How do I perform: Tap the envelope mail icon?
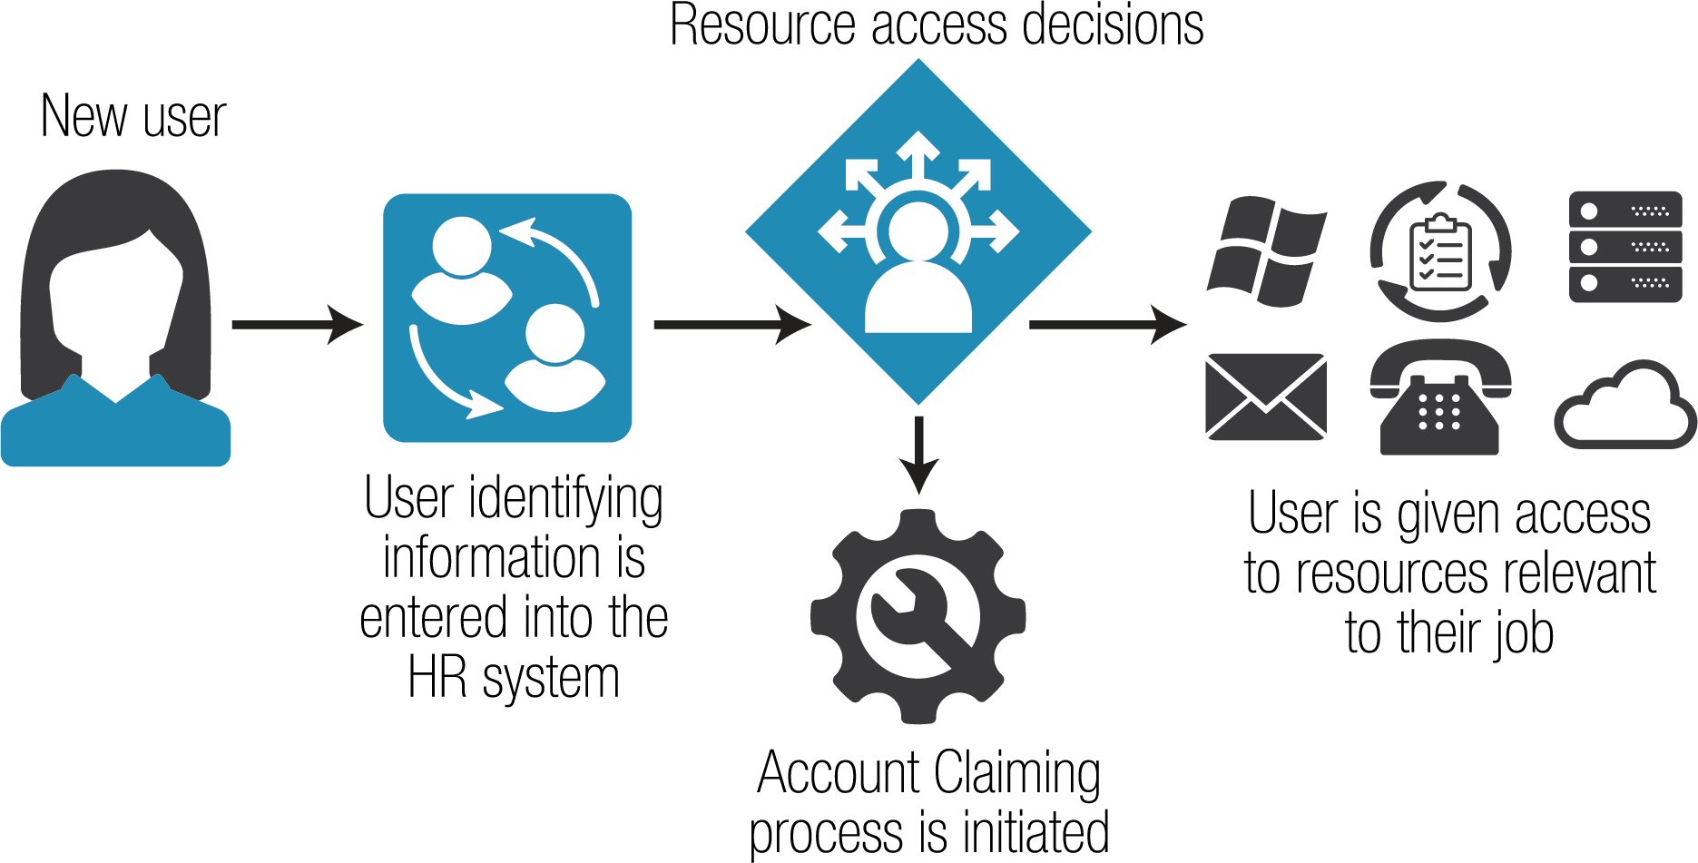point(1265,397)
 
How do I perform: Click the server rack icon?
point(1624,246)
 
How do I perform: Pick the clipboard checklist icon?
point(1440,251)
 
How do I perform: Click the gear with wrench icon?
point(918,617)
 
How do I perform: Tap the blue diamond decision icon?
point(918,231)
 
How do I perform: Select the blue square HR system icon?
point(507,318)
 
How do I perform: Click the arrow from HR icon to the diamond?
point(731,324)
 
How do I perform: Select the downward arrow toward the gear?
point(918,454)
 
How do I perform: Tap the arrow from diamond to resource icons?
point(1107,324)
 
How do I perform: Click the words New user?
point(133,117)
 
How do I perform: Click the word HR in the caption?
point(437,678)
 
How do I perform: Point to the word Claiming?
point(1016,773)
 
